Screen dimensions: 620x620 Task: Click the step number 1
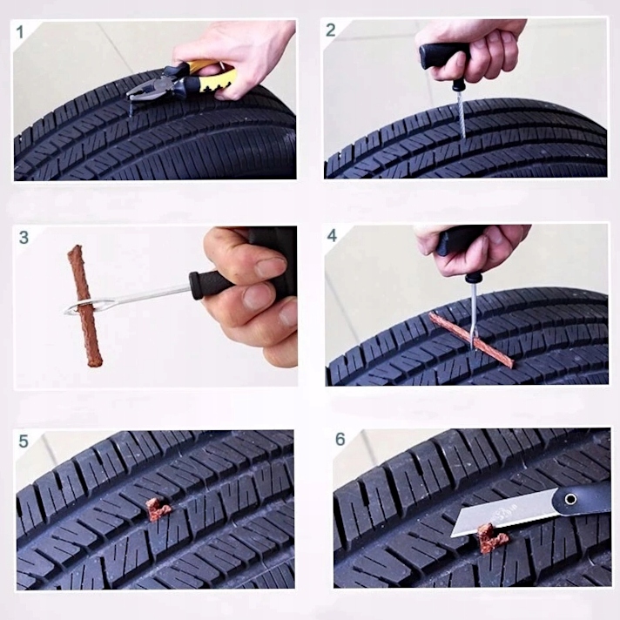click(x=20, y=32)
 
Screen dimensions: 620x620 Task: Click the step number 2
click(x=331, y=30)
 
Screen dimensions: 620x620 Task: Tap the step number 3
click(x=24, y=238)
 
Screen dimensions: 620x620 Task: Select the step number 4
click(x=332, y=236)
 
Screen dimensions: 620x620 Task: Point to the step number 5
click(x=24, y=441)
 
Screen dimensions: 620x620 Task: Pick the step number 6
click(x=340, y=439)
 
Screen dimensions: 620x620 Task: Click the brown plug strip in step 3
click(x=84, y=306)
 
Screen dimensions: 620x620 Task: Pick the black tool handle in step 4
click(x=459, y=242)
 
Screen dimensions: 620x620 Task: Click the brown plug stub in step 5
click(x=158, y=509)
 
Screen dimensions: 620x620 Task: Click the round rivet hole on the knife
click(x=570, y=499)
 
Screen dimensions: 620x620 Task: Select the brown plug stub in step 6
click(x=491, y=538)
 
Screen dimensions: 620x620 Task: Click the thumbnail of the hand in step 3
click(x=271, y=267)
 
